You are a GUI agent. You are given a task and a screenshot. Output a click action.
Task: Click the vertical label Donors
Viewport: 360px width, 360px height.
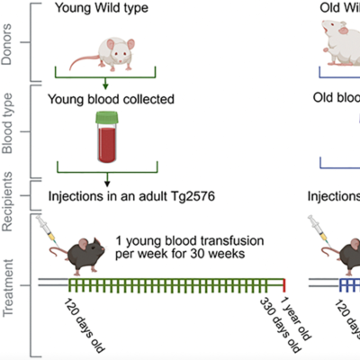(x=11, y=40)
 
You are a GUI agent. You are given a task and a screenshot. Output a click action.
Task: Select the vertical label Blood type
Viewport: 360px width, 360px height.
(x=11, y=128)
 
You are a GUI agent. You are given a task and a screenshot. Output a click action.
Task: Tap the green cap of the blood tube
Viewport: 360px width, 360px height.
(x=110, y=116)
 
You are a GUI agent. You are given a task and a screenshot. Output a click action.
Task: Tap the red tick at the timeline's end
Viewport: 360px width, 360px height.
(x=283, y=285)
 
